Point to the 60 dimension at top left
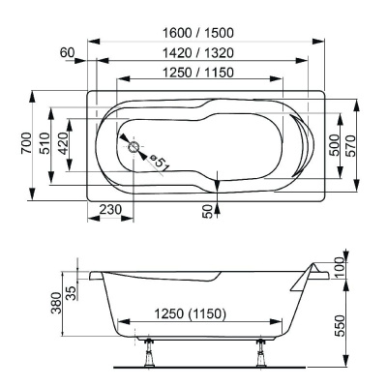coord(67,52)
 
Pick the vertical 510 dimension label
coord(44,146)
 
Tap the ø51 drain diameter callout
coord(159,164)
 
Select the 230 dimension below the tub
coord(109,210)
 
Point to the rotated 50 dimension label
coord(208,211)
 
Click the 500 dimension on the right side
coord(334,146)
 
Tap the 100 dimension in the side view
coord(341,267)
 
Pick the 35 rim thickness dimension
coord(72,291)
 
